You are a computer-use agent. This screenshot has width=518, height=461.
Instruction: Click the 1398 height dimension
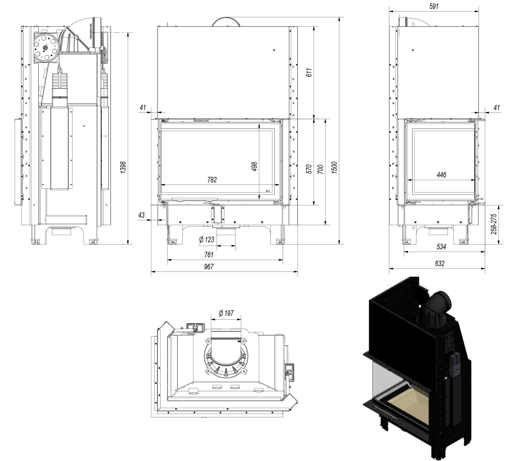coord(123,167)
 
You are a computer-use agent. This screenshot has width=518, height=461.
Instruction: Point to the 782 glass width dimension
coord(212,180)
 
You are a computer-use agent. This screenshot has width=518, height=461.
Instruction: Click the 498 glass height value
coord(254,167)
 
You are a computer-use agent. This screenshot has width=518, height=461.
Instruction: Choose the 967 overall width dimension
coord(209,267)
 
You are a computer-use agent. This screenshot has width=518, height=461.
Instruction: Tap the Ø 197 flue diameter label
coord(226,313)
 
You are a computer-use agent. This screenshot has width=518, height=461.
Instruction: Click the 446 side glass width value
coord(441,175)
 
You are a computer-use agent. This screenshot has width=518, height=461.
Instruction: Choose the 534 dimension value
coord(441,247)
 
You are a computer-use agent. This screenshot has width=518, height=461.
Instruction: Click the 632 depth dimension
coord(440,264)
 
